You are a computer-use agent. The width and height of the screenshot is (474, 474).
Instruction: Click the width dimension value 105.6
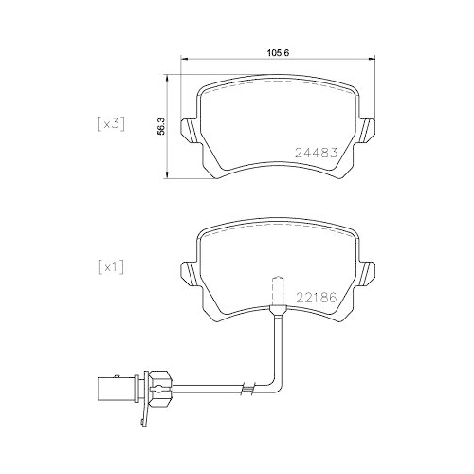[x=278, y=53]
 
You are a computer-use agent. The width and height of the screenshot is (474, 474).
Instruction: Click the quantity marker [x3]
[x=111, y=123]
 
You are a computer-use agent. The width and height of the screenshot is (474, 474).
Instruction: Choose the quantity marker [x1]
[x=111, y=267]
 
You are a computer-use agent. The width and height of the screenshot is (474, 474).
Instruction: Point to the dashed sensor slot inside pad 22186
[x=278, y=289]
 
